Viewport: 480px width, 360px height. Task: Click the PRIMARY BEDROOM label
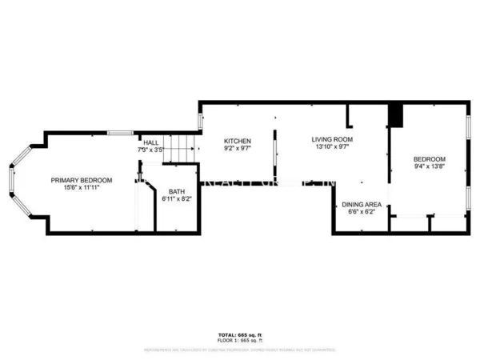(x=82, y=180)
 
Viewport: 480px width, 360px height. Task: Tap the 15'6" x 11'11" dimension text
(x=82, y=189)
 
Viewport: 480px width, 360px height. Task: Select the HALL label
(x=151, y=142)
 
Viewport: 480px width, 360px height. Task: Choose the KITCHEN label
(x=237, y=140)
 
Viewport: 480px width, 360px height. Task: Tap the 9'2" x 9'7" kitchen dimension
(x=237, y=149)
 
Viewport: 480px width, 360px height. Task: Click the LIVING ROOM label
(x=332, y=139)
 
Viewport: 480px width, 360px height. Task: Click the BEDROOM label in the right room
(x=430, y=158)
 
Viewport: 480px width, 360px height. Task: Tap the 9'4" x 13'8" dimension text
(x=430, y=167)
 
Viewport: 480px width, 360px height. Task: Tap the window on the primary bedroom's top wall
(x=120, y=132)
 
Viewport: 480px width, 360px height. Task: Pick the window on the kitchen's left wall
(x=200, y=122)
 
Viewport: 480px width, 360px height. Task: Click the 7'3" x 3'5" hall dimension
(x=151, y=150)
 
